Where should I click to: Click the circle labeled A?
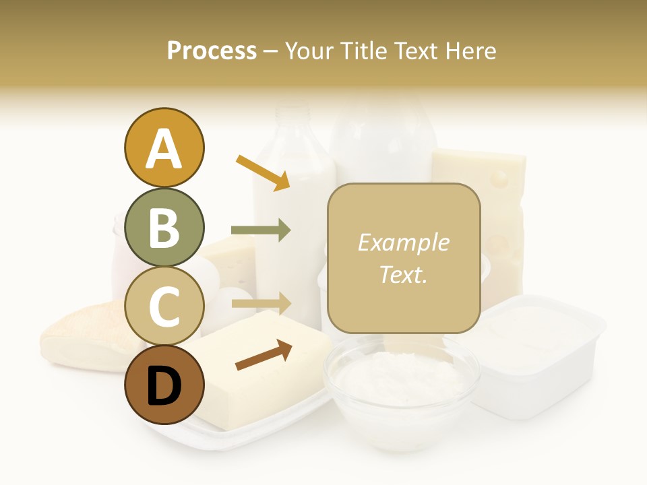(164, 148)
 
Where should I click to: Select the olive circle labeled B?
(164, 227)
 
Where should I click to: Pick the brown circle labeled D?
(164, 385)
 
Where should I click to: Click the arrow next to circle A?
(263, 172)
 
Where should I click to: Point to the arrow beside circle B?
(261, 230)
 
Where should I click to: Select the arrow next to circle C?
(261, 303)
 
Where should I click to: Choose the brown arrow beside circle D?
(264, 355)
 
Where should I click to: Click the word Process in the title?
(212, 51)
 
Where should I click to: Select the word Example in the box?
(403, 243)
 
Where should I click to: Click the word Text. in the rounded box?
(403, 274)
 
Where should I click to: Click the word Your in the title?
(311, 51)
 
